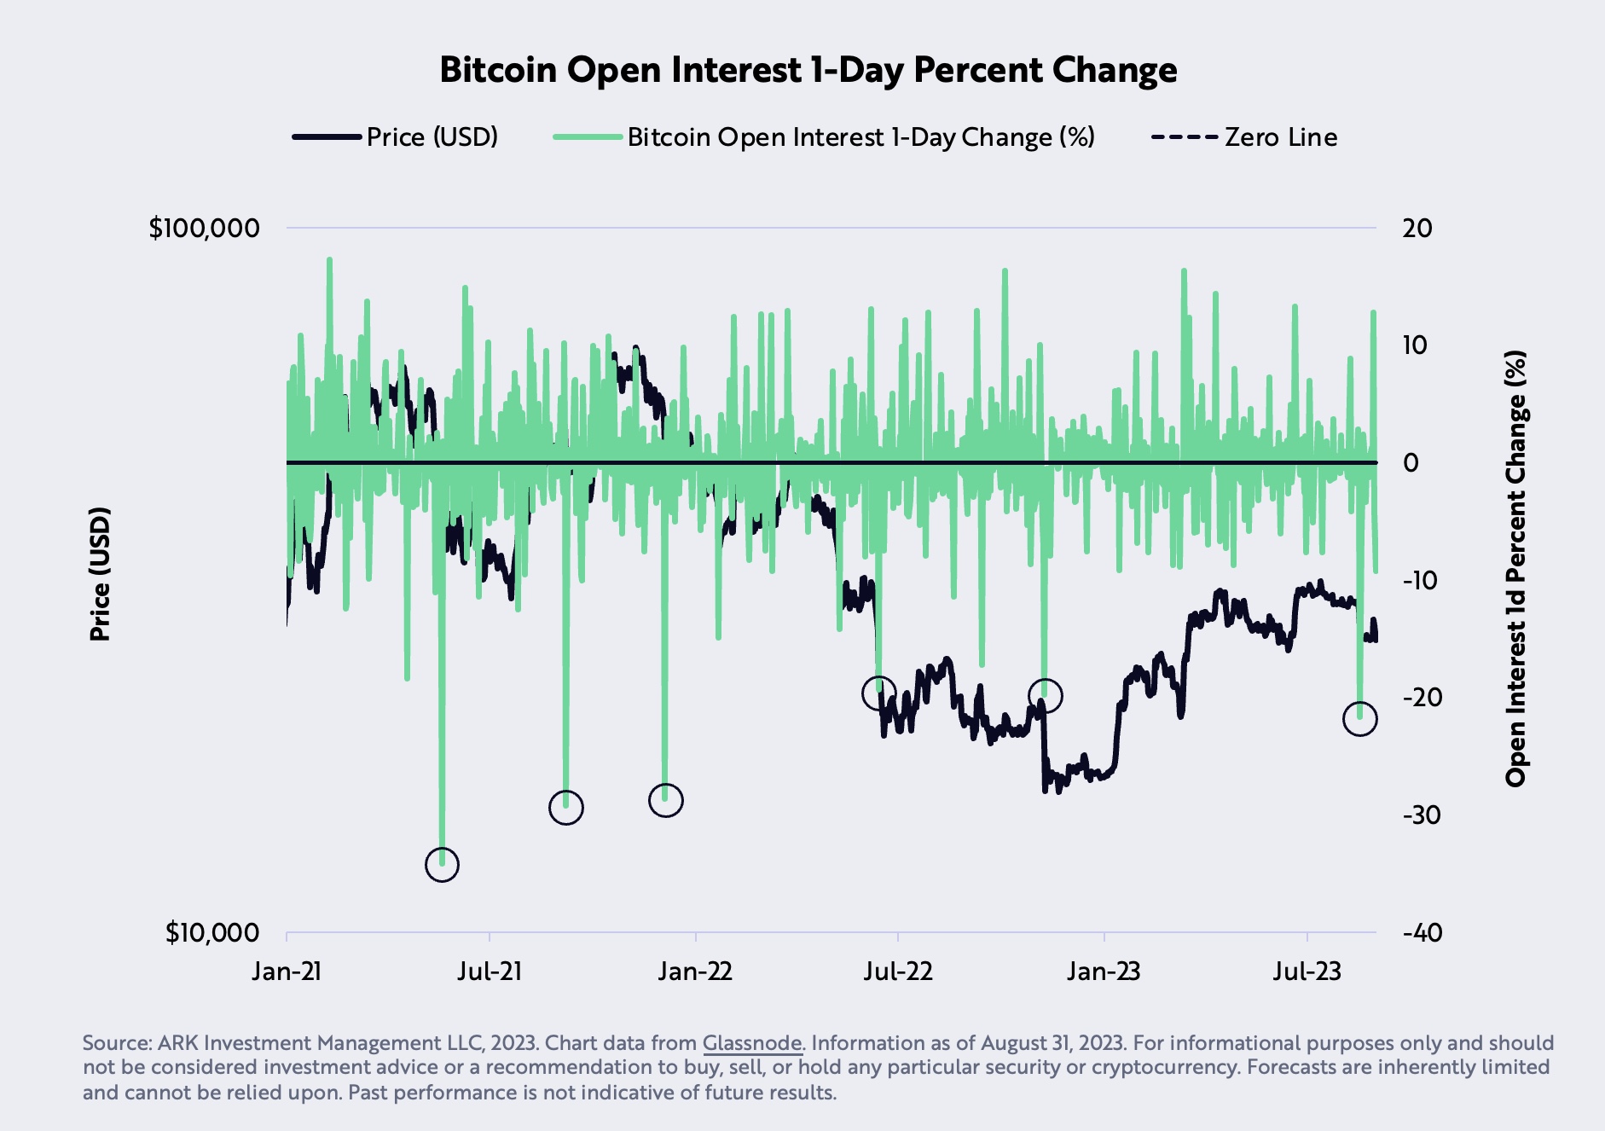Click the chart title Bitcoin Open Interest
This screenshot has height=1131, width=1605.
808,70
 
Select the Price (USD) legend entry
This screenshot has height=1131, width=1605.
396,137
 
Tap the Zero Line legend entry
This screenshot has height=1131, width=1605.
1244,137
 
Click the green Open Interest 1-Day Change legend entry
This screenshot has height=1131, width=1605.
824,137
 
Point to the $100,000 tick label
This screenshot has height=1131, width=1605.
204,229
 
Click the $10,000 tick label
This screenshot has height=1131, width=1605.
211,933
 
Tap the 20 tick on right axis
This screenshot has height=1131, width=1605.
1417,229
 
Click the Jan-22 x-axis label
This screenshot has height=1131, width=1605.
695,971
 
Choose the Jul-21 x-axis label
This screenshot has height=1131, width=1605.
489,971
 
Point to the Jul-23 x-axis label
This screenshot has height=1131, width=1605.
1307,971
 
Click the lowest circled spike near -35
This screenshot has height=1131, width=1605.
442,865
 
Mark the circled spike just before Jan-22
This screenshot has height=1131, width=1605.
665,800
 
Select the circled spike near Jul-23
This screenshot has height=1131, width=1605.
1359,719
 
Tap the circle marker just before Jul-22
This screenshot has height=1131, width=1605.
878,693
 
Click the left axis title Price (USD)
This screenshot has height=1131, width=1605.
100,574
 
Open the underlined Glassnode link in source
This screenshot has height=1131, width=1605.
751,1043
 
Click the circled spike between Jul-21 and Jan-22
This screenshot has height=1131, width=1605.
565,807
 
